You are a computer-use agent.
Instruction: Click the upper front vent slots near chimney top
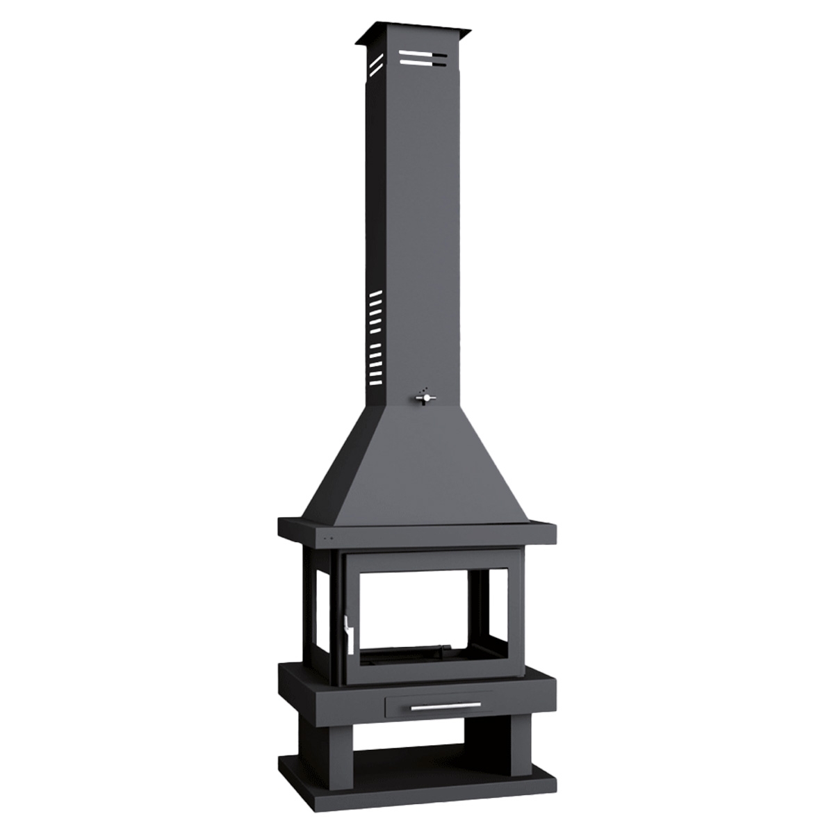coord(423,58)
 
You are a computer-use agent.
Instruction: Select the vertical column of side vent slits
coord(375,338)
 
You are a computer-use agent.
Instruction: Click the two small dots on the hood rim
coord(326,537)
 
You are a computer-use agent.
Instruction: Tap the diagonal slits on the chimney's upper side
coord(376,63)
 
